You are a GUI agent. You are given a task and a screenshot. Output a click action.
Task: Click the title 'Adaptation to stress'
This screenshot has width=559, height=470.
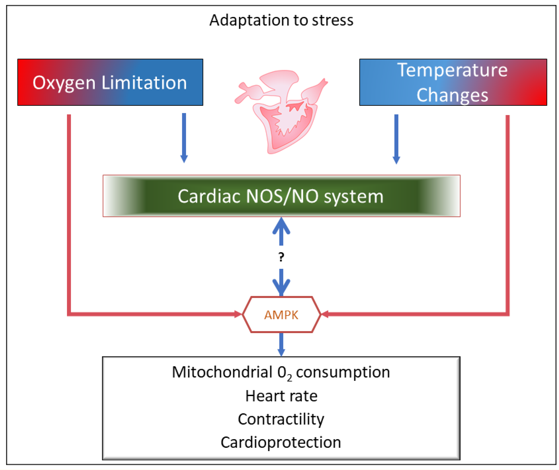click(281, 20)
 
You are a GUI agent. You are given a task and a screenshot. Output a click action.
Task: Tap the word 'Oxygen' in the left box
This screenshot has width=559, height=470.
click(64, 83)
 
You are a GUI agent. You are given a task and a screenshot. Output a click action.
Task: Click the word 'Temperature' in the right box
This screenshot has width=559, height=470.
click(452, 70)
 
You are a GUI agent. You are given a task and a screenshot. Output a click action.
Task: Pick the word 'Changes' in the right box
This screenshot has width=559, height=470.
click(452, 95)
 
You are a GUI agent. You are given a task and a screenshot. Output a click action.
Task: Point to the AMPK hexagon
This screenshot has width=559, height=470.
click(281, 315)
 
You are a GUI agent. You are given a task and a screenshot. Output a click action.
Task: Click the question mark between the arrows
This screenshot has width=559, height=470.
click(281, 257)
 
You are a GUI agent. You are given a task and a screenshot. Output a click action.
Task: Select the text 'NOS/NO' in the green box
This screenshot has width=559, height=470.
click(282, 196)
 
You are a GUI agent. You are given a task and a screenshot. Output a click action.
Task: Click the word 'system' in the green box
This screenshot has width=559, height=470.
click(354, 196)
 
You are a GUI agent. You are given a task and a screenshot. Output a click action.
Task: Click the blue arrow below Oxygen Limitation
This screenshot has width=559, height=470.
click(184, 137)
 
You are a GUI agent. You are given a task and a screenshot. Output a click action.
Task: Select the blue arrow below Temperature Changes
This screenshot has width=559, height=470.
click(396, 138)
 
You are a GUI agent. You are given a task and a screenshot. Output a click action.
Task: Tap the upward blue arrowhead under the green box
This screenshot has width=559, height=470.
click(281, 226)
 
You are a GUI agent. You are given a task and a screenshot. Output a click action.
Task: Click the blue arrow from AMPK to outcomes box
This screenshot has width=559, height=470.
click(281, 344)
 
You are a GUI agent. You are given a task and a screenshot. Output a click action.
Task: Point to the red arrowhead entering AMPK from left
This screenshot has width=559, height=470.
click(238, 314)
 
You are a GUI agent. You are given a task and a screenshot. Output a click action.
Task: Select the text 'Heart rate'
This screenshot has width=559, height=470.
click(281, 396)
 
